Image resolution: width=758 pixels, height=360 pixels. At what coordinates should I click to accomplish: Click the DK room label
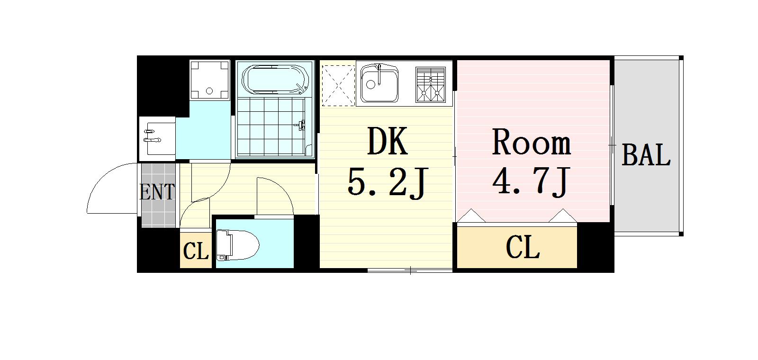click(x=388, y=142)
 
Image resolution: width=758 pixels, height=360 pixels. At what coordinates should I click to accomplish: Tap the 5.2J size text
click(x=388, y=183)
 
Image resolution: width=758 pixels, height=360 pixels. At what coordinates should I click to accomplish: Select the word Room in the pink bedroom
click(x=531, y=142)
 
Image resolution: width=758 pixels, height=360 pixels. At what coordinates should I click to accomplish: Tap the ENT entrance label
click(x=157, y=192)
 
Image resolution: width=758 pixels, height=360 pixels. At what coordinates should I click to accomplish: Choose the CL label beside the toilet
click(x=196, y=251)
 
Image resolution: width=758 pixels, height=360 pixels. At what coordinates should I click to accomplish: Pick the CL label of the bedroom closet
click(x=523, y=247)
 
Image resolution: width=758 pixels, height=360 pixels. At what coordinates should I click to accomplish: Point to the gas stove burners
click(x=431, y=84)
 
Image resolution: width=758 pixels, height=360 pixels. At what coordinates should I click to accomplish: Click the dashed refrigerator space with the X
click(x=338, y=84)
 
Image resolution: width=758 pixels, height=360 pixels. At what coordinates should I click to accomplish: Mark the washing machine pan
click(x=209, y=80)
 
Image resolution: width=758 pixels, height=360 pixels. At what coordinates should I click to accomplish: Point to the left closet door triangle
click(x=471, y=216)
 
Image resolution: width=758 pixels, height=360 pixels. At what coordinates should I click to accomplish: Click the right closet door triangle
click(x=563, y=216)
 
